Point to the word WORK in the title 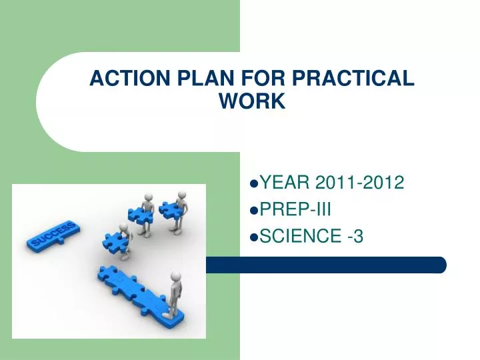252,101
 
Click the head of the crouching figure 123,229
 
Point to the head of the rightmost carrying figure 181,195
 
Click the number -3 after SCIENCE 355,235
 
